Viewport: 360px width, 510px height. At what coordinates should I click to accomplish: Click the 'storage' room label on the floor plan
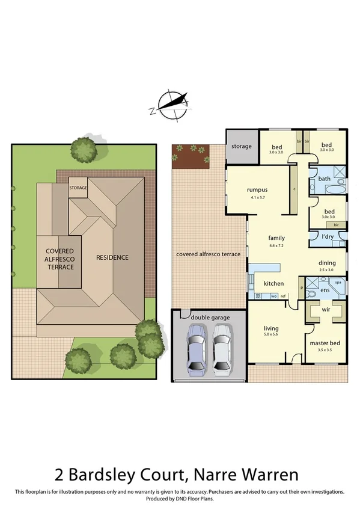pos(241,146)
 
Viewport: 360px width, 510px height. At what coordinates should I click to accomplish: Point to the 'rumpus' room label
pos(257,190)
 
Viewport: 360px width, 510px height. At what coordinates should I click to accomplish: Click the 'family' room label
pos(276,238)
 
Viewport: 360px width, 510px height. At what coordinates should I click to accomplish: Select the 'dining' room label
pos(328,263)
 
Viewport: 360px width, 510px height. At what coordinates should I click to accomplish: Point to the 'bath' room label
pos(324,179)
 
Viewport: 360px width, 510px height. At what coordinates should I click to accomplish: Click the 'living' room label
pos(271,328)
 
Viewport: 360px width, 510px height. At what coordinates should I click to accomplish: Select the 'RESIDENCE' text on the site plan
pos(112,257)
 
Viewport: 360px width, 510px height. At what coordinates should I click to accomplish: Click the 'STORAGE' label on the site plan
pos(78,188)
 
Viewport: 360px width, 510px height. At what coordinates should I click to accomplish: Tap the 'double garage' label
pos(208,317)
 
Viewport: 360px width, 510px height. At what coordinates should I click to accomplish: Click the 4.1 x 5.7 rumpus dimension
pos(257,197)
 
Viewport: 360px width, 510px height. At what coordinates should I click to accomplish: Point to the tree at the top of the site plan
pos(83,147)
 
